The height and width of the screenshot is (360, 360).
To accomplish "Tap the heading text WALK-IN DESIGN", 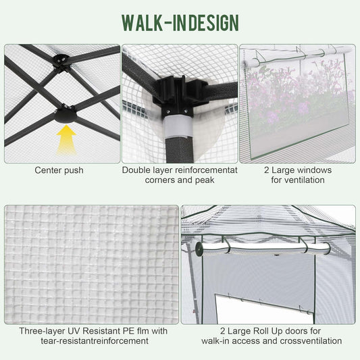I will pyautogui.click(x=180, y=22).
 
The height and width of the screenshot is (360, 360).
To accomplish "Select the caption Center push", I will pyautogui.click(x=59, y=170).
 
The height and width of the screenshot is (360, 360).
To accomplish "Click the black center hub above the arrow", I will pyautogui.click(x=66, y=114).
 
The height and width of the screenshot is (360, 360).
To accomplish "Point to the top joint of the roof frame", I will pyautogui.click(x=62, y=60).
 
